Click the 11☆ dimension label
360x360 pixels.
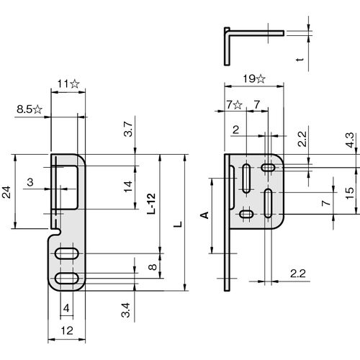tap(68, 84)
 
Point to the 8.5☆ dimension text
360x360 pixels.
tap(30, 109)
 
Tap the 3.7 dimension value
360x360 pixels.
tap(128, 129)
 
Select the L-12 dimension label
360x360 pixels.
tap(152, 204)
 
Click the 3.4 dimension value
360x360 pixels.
tap(125, 310)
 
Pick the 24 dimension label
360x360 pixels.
tap(6, 192)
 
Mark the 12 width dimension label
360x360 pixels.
tap(67, 330)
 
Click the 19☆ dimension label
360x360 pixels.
tap(254, 78)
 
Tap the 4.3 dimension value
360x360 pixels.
tap(350, 140)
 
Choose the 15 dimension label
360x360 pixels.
tap(350, 193)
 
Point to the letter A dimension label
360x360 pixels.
tap(204, 215)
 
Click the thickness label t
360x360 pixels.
tap(300, 59)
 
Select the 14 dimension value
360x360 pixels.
tap(128, 186)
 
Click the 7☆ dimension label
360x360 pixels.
tap(234, 104)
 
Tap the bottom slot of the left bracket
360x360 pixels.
tap(67, 279)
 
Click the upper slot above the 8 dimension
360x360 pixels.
tap(67, 253)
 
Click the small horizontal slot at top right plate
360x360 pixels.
tap(268, 167)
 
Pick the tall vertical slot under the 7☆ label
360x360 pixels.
tap(246, 179)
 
